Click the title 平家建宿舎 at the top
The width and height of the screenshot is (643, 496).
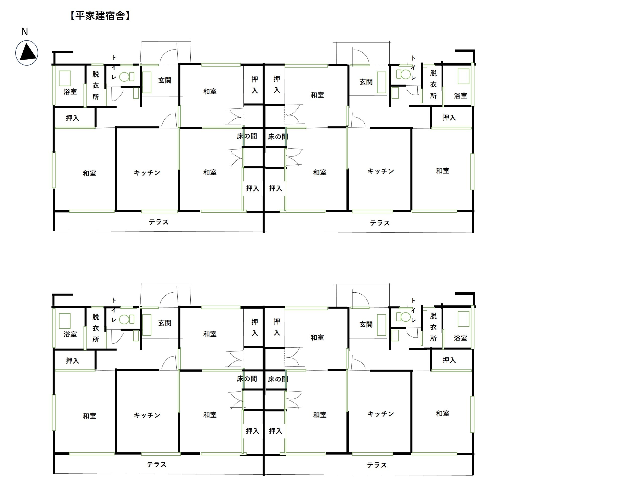100,16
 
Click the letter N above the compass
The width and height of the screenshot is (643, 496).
25,31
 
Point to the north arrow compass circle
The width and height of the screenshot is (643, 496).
27,53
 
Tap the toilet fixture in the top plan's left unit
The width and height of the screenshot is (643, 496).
127,77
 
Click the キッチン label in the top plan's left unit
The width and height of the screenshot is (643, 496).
147,173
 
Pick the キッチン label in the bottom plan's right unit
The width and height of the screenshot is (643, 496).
381,414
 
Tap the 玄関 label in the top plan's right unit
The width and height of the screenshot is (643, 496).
366,82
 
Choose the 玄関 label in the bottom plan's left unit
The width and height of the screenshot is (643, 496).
165,323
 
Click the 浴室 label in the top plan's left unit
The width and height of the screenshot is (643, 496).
70,92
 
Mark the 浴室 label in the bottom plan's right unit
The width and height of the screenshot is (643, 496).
460,338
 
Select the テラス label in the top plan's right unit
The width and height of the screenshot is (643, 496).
380,223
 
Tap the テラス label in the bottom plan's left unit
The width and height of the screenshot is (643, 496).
157,465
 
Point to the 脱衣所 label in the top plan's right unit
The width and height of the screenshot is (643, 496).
433,84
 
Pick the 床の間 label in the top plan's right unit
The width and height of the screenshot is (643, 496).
278,137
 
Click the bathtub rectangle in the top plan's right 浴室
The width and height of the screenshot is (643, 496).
464,76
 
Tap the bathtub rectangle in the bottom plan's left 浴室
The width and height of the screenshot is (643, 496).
65,321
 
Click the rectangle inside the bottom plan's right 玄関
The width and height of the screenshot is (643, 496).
382,325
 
